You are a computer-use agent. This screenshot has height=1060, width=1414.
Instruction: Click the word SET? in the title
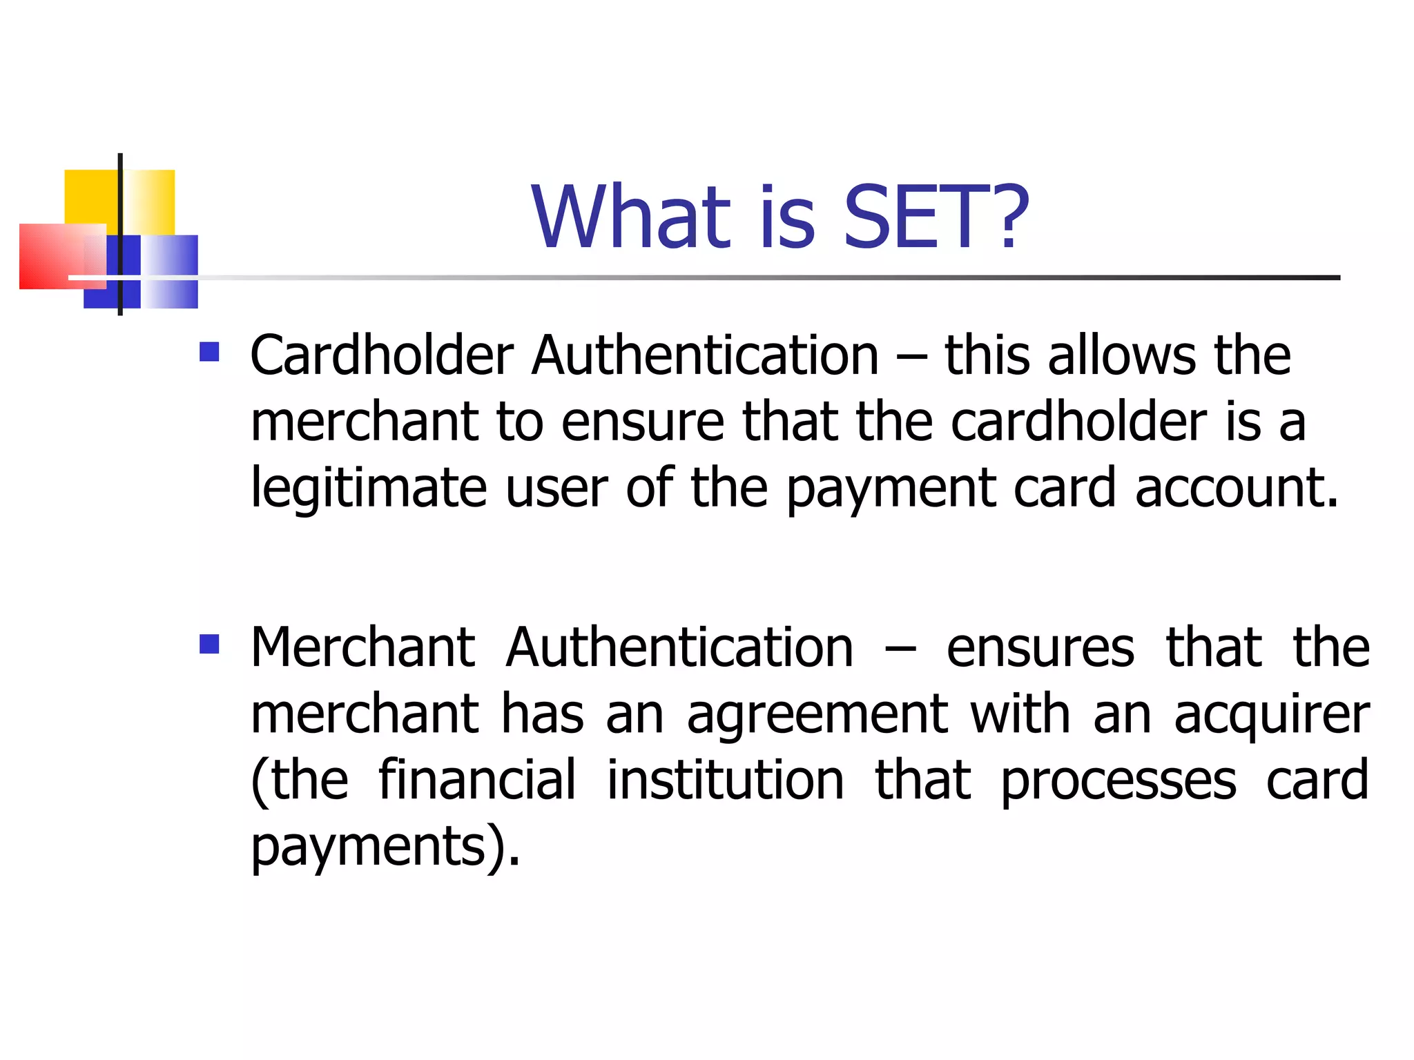936,217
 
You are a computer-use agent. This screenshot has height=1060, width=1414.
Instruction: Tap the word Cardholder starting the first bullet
382,355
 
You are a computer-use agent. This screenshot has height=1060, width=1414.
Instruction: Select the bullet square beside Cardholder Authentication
209,352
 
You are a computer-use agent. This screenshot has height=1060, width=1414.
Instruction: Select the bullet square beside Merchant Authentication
209,644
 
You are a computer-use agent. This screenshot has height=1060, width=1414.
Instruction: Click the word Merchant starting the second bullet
362,647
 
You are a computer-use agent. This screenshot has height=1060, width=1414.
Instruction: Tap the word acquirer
1272,715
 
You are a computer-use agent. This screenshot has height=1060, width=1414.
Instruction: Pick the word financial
477,780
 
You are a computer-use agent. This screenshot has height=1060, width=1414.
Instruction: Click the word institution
725,780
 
